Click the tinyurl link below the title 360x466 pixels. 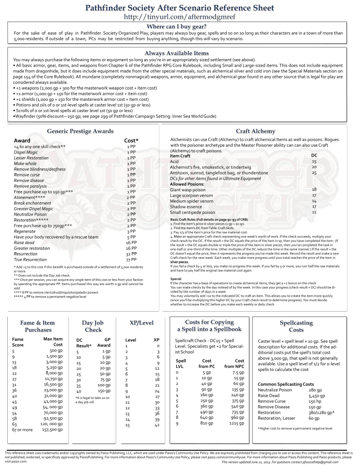(180, 17)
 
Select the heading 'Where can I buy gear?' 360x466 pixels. (180, 27)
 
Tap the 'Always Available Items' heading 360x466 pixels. (176, 53)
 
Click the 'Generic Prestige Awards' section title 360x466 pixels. (80, 131)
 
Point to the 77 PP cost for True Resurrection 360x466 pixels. (131, 260)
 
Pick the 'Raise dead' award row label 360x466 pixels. (24, 242)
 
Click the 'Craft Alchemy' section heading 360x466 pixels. (255, 131)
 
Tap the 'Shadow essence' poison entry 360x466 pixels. (185, 207)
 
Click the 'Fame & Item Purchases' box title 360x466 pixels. (38, 326)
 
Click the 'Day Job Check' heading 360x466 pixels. (93, 326)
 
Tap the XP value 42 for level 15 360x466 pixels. (157, 425)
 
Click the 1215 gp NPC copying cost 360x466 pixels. (234, 423)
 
